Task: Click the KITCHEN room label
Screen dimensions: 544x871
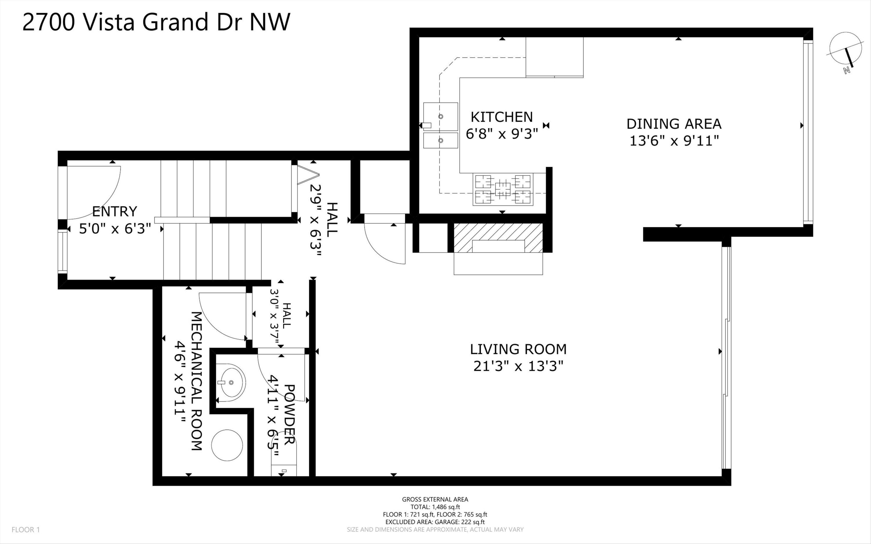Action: [501, 117]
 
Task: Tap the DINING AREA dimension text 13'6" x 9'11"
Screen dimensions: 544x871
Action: [674, 141]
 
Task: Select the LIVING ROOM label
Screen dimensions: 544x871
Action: [518, 349]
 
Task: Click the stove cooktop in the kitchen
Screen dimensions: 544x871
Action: [503, 190]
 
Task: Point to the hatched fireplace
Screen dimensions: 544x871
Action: [498, 237]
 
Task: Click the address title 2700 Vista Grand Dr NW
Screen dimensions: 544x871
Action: [156, 22]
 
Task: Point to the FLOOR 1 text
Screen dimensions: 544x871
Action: [26, 529]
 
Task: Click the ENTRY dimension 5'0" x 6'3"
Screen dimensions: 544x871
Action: [115, 228]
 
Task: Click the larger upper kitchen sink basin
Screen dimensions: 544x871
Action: [440, 116]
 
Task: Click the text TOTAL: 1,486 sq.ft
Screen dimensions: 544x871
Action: [435, 507]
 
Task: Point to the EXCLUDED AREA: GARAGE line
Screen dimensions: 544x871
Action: [435, 522]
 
